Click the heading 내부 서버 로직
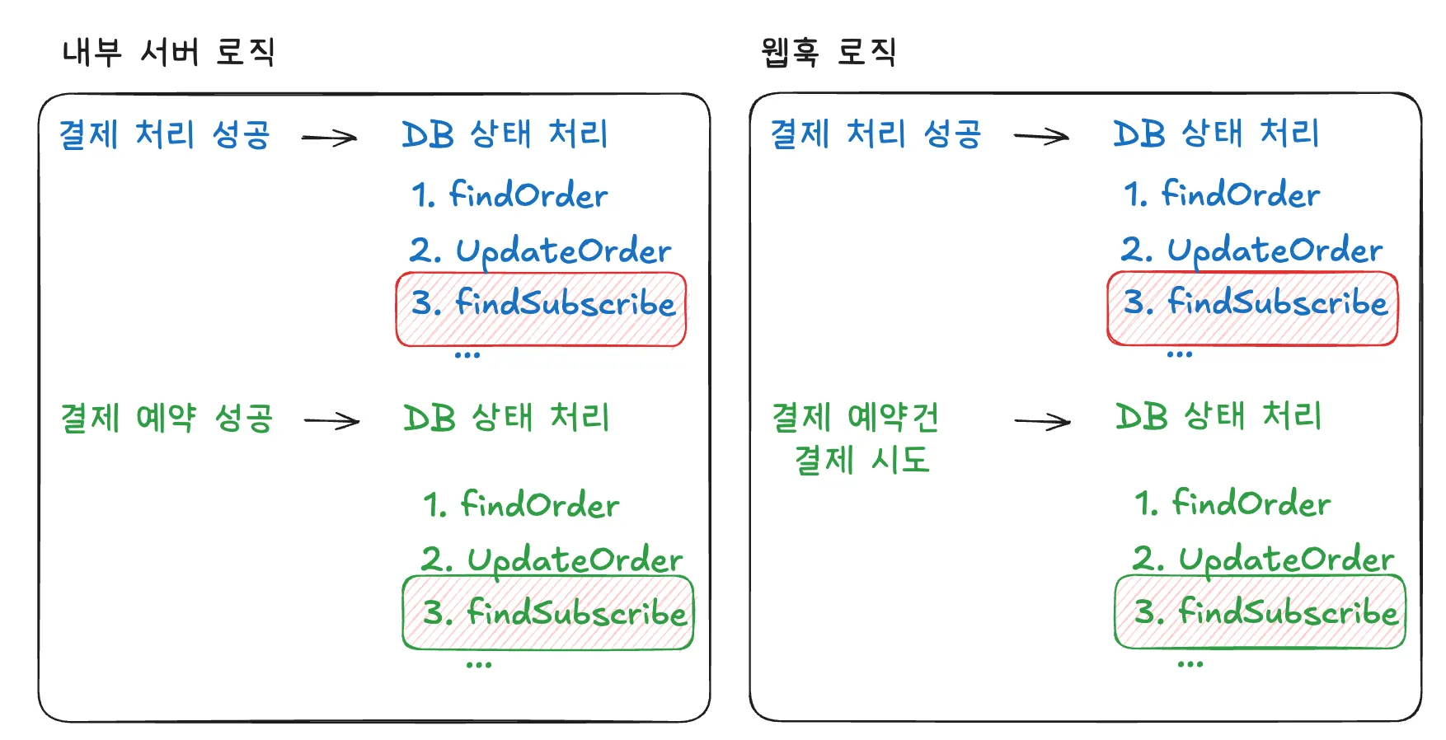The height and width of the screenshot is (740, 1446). click(168, 52)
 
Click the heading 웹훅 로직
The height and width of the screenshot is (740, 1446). click(828, 52)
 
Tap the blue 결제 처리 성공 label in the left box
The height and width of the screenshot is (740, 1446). click(164, 134)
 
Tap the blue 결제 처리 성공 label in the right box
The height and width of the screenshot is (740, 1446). click(876, 133)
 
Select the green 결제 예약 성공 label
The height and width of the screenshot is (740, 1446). click(166, 418)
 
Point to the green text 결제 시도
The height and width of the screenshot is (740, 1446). click(861, 460)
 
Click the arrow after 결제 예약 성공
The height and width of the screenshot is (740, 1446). click(331, 421)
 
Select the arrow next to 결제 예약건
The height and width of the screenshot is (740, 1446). click(1042, 422)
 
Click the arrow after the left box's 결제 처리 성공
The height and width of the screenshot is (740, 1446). click(329, 138)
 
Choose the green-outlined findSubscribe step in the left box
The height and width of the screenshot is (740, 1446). click(548, 613)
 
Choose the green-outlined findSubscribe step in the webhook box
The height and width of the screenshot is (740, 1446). click(1260, 611)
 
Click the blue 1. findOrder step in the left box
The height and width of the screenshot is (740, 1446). click(509, 195)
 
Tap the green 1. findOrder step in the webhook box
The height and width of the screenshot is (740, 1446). click(1232, 503)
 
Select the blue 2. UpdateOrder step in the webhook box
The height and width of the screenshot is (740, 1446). click(1251, 250)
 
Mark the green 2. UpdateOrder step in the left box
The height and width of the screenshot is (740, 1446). click(551, 560)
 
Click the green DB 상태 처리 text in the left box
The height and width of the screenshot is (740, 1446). click(506, 418)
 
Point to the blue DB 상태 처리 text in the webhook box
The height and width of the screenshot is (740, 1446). click(1216, 133)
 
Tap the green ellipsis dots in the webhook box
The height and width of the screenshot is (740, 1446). click(1190, 664)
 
